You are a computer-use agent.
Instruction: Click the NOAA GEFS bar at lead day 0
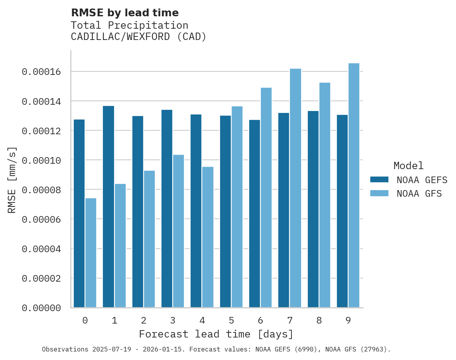point(79,213)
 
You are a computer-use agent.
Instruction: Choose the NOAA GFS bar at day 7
point(295,188)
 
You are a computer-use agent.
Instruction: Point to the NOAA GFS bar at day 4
point(208,237)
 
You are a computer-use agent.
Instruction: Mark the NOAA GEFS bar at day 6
point(255,214)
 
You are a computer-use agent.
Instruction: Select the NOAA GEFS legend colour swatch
point(379,179)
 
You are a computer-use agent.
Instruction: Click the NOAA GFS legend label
point(419,194)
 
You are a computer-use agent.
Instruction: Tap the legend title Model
point(408,166)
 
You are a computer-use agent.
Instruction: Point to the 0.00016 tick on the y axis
point(41,72)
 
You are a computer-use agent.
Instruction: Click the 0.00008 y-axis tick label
point(41,190)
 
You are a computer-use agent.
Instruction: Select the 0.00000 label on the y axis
point(41,308)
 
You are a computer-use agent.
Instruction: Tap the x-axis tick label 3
point(173,320)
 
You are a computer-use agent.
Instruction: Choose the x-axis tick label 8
point(319,320)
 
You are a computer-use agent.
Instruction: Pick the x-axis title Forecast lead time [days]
point(216,334)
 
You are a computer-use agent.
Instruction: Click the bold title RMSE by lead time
point(125,13)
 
